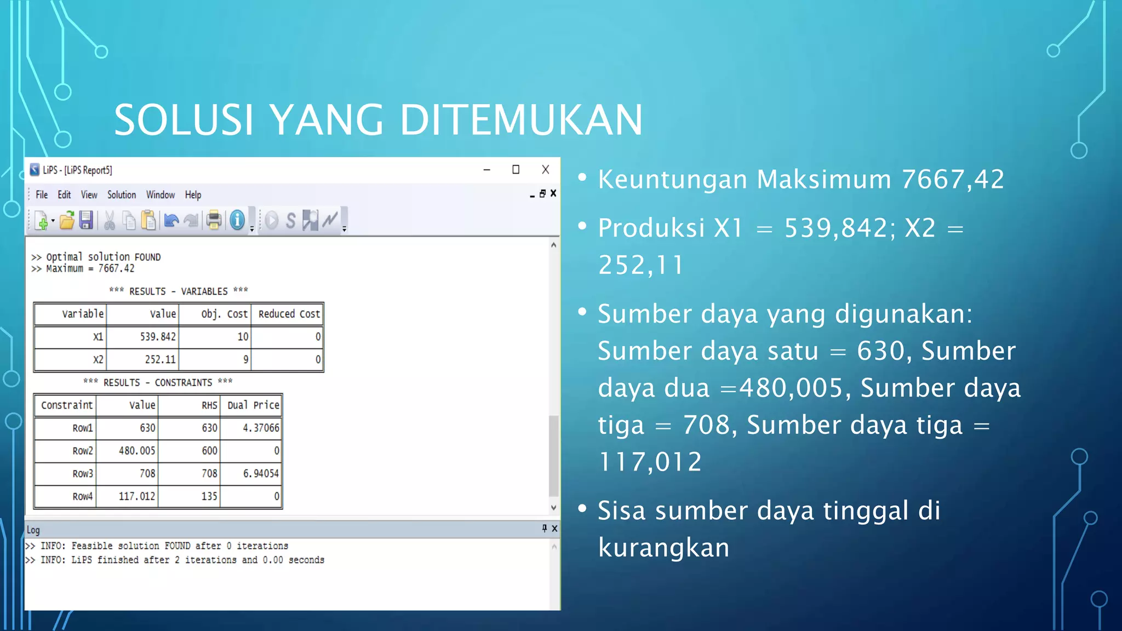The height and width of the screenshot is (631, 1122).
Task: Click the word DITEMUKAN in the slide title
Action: click(521, 120)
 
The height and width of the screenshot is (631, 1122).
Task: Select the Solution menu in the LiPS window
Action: click(121, 195)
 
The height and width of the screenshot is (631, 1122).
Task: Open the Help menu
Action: click(193, 195)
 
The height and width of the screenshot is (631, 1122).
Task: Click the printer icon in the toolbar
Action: click(214, 220)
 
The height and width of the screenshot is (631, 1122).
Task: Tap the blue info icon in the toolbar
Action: click(237, 220)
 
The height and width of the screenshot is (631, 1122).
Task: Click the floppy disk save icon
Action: click(86, 220)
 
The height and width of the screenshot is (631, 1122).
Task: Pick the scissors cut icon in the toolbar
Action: click(110, 220)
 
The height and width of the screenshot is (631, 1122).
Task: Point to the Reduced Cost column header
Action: click(289, 314)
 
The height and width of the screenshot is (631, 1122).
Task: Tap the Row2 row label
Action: click(83, 451)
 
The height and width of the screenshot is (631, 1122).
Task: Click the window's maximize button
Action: click(516, 170)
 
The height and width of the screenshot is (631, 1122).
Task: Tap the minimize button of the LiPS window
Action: click(486, 170)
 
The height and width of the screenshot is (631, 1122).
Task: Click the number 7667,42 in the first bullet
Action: click(953, 179)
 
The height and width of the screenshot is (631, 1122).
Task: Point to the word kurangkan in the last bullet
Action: click(663, 547)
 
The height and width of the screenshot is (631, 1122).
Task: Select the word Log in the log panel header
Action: click(33, 530)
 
